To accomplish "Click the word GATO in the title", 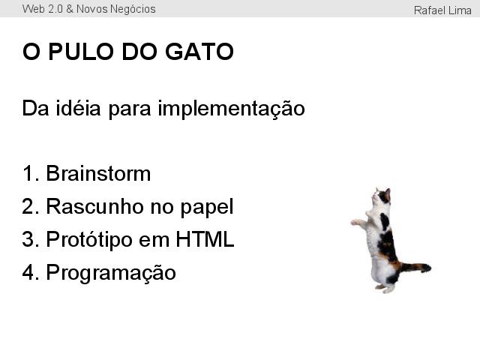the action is click(x=199, y=52).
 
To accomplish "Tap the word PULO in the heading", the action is click(x=81, y=52).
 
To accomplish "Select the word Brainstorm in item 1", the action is click(x=98, y=173).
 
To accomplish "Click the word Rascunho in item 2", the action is click(x=94, y=206).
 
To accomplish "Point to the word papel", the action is click(x=207, y=208).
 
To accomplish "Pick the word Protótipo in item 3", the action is click(x=89, y=239).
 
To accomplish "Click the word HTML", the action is click(x=205, y=238).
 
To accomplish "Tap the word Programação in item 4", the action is click(x=111, y=273).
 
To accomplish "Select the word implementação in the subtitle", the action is click(x=231, y=109).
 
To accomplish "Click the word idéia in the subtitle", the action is click(x=78, y=108).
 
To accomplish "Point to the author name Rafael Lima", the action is click(x=442, y=10).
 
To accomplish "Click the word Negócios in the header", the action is click(x=133, y=10).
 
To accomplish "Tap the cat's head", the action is click(x=381, y=196).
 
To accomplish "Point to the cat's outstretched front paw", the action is click(x=355, y=222).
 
